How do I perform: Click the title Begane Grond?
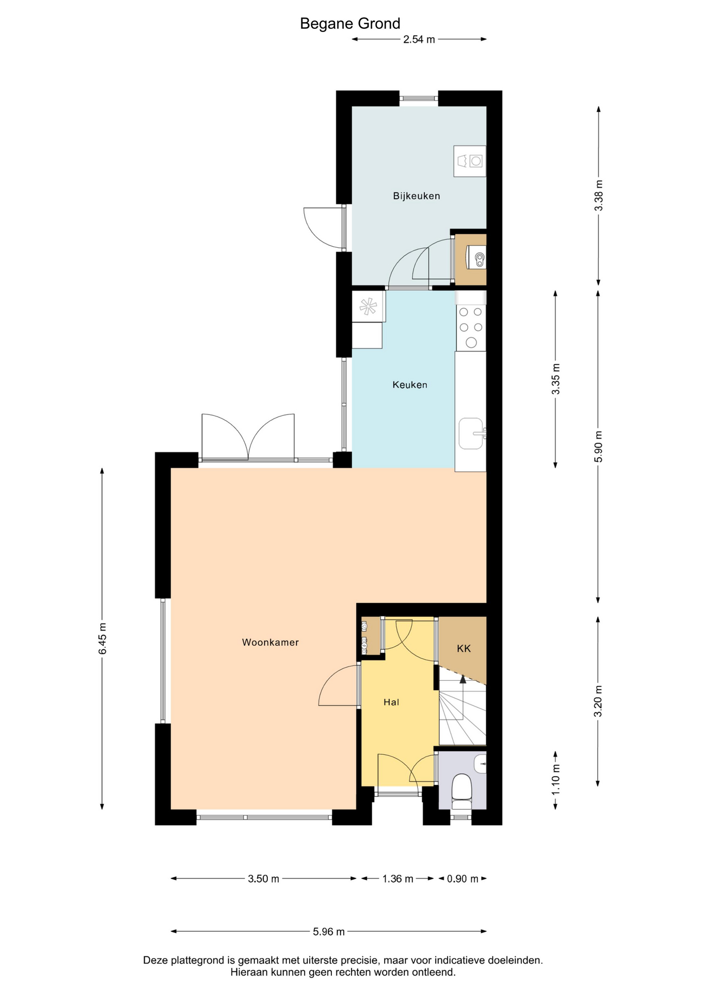click(350, 24)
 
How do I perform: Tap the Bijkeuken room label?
click(416, 196)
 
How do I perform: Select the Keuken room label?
click(410, 385)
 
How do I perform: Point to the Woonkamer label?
click(270, 643)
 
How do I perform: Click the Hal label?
click(391, 702)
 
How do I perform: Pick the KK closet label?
click(464, 649)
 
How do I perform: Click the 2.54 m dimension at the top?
click(419, 40)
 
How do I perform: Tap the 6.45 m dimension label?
click(103, 638)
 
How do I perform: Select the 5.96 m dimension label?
click(329, 932)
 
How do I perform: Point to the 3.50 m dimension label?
click(263, 879)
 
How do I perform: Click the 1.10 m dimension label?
click(555, 787)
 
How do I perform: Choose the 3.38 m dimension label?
click(598, 195)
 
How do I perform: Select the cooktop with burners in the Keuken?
click(471, 327)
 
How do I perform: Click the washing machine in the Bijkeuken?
click(470, 161)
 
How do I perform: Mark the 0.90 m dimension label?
click(463, 879)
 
